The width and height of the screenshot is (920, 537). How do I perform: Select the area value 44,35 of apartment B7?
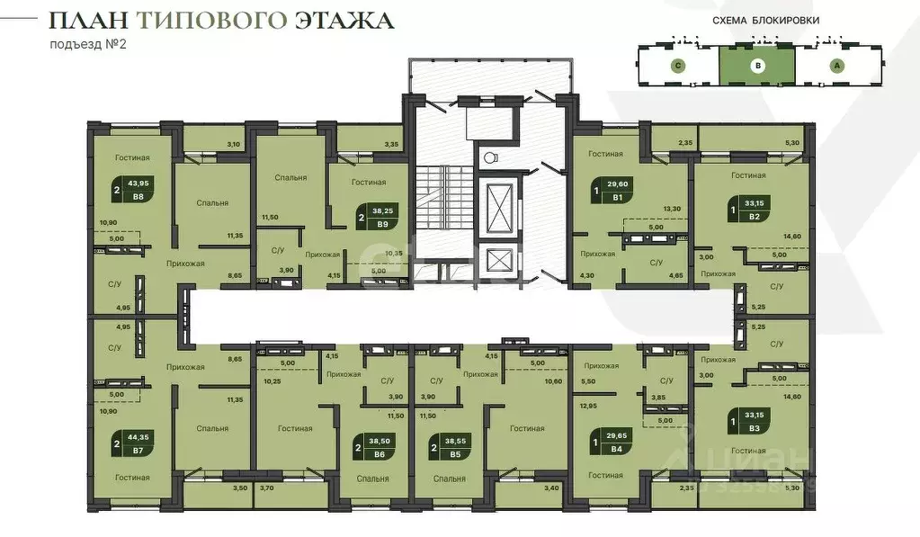tap(138, 437)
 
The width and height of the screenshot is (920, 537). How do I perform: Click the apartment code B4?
tap(616, 448)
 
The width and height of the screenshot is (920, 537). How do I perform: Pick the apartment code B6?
tap(379, 455)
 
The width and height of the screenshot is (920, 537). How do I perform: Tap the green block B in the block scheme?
tap(757, 65)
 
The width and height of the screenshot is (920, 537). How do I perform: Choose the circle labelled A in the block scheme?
tap(836, 65)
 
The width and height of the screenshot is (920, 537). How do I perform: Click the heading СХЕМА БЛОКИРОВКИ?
tap(758, 20)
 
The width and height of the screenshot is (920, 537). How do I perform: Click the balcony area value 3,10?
tap(234, 144)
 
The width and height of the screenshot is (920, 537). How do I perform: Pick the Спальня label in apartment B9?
tap(291, 177)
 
